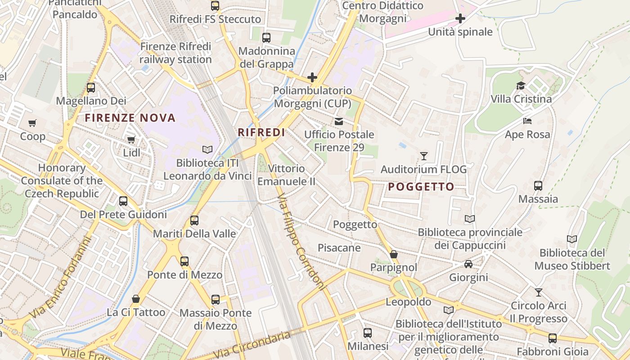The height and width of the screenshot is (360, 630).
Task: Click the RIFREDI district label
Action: click(x=261, y=132)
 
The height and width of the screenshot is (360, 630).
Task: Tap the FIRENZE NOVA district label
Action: click(x=130, y=118)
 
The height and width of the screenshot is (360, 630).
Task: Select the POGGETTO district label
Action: click(x=421, y=187)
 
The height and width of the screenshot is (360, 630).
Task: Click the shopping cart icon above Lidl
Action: click(x=131, y=139)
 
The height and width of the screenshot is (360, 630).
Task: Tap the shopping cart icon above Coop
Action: click(x=32, y=123)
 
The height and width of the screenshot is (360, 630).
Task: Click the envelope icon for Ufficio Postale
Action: click(x=338, y=121)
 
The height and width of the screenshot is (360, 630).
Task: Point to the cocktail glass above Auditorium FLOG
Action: click(x=423, y=156)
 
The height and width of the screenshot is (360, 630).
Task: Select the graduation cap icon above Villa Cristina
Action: click(x=521, y=85)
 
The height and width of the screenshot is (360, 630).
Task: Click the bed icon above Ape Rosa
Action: click(x=527, y=121)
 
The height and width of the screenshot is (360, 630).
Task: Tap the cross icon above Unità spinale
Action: click(x=460, y=18)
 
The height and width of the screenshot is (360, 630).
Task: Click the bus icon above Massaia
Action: click(x=538, y=185)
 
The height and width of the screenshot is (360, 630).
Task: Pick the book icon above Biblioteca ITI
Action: click(x=207, y=149)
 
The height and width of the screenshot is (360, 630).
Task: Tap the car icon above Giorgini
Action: click(x=468, y=264)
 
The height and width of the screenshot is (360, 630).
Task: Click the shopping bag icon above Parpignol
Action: click(x=394, y=254)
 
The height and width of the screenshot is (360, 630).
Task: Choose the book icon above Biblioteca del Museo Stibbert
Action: click(x=571, y=239)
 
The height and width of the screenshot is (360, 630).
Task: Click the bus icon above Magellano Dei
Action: click(x=91, y=88)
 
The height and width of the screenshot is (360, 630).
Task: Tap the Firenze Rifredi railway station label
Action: click(x=175, y=53)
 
